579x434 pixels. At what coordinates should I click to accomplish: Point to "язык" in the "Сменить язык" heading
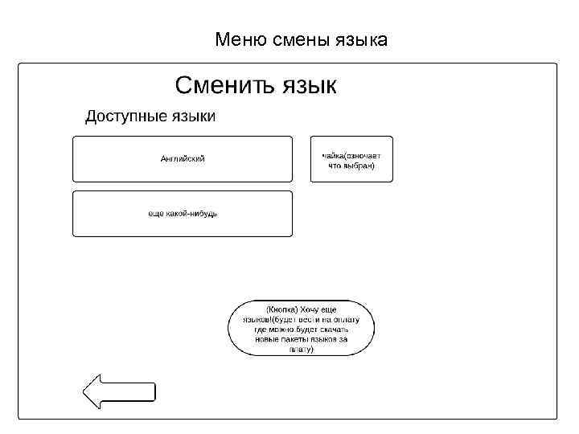tap(310, 85)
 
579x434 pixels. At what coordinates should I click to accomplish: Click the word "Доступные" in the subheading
tap(125, 117)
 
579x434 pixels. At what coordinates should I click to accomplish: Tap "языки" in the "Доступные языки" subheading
tap(192, 117)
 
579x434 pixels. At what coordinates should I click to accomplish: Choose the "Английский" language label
tap(183, 158)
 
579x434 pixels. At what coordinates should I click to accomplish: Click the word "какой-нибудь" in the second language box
tap(193, 213)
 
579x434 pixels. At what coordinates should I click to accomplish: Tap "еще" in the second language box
tap(156, 213)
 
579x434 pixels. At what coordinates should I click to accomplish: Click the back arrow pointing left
tap(119, 391)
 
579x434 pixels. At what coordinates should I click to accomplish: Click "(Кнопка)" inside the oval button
tap(281, 309)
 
